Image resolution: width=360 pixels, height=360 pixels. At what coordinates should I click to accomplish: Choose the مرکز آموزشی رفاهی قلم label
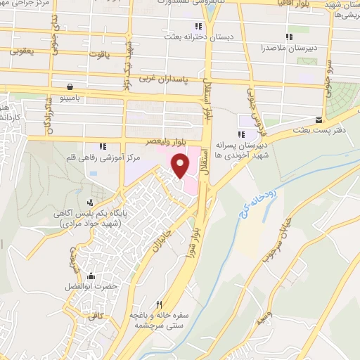click(x=110, y=158)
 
